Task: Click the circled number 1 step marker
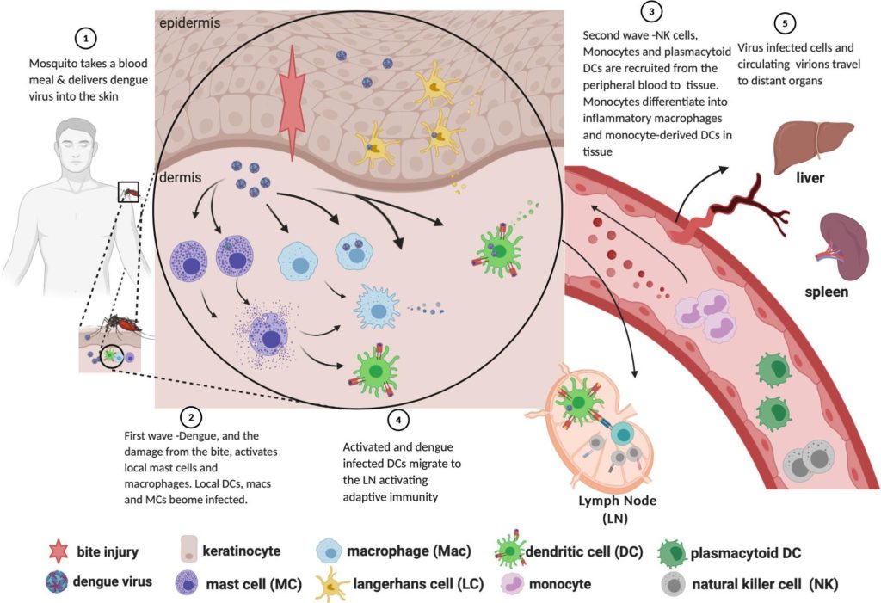[x=85, y=38]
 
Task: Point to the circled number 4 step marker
[x=397, y=420]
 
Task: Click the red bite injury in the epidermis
[x=293, y=102]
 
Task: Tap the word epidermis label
[x=189, y=22]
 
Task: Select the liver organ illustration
[x=809, y=142]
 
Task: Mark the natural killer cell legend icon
[x=676, y=584]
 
